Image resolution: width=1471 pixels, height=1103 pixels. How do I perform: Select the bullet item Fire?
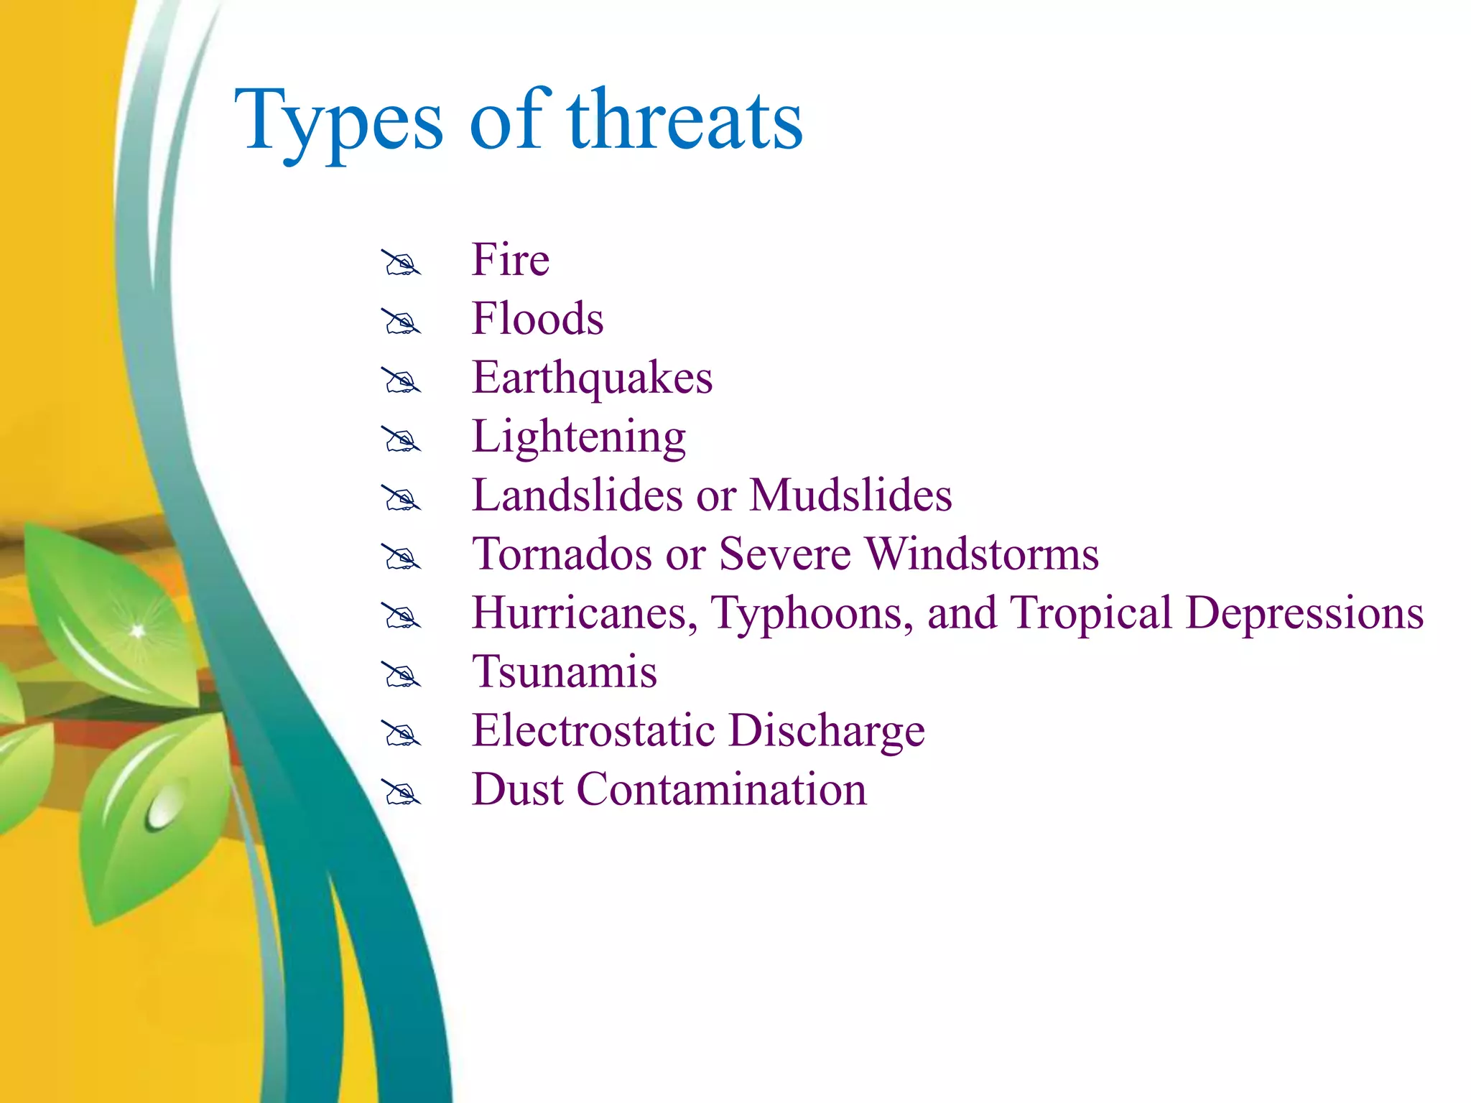[510, 259]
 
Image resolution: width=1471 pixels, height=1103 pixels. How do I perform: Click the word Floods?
[537, 319]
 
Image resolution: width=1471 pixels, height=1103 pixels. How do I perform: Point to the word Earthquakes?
[592, 378]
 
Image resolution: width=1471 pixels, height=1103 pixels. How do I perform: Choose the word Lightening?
[578, 437]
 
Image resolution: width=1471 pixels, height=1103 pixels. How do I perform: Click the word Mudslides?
[850, 495]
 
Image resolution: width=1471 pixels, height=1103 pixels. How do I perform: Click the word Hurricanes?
[584, 613]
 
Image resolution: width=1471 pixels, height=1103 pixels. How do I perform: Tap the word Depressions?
[1304, 613]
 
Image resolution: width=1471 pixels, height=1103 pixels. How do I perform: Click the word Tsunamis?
[564, 672]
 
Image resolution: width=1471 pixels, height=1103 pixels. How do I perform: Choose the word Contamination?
[721, 790]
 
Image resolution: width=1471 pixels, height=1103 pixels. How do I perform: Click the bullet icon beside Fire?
[400, 264]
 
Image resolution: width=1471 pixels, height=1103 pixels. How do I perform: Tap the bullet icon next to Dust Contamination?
[400, 793]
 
